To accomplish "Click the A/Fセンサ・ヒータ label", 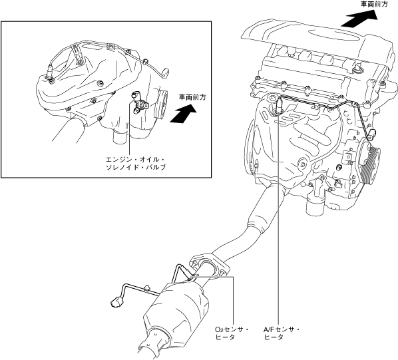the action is tap(282, 333).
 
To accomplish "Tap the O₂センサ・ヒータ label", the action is tap(232, 333).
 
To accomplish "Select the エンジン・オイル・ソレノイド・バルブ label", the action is tap(136, 164).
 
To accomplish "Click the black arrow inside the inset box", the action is tap(183, 114).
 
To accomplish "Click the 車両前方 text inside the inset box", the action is tap(192, 97).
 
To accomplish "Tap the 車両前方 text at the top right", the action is tap(375, 4).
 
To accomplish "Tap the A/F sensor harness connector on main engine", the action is tap(373, 134).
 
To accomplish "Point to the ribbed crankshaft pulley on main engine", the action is tap(369, 163).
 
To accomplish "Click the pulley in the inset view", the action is tap(161, 104).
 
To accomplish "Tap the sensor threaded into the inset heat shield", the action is tap(49, 73).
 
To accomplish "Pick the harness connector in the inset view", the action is tap(166, 72).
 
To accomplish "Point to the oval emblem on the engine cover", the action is tap(335, 35).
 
